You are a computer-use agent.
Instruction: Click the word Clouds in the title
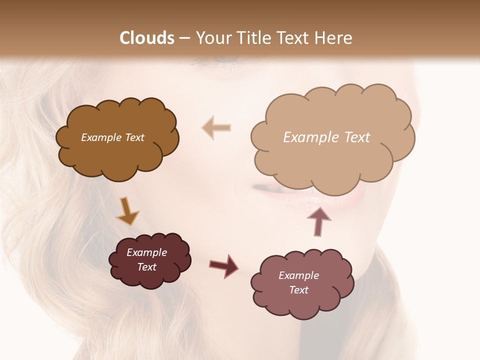(x=146, y=38)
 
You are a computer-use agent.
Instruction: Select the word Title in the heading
(x=254, y=38)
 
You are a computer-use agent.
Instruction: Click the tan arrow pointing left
(x=216, y=127)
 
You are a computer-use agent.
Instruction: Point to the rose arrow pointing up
(x=318, y=220)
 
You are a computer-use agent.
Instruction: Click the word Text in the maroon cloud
(x=147, y=267)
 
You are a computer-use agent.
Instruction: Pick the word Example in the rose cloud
(x=298, y=275)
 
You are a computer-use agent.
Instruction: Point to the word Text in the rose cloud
(x=299, y=290)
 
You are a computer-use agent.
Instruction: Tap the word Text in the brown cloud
(x=134, y=137)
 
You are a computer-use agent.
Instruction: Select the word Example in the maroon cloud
(x=147, y=252)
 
